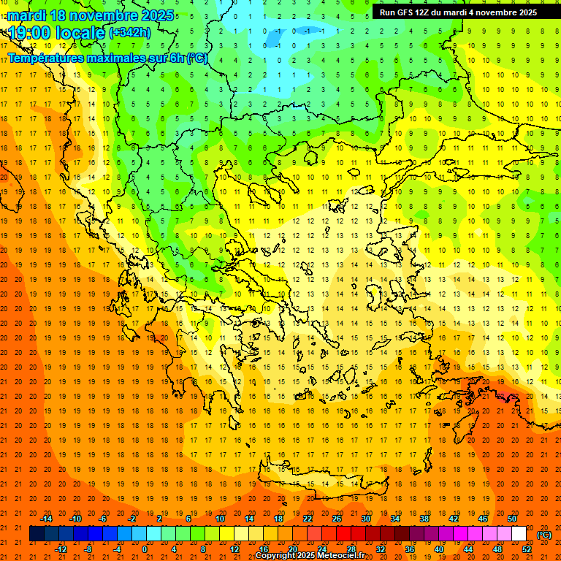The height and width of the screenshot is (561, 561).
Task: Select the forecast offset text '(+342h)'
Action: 131,33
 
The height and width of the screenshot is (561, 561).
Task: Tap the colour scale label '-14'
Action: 46,519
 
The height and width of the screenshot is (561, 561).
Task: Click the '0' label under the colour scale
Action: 145,549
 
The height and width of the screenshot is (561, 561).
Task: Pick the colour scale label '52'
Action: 527,549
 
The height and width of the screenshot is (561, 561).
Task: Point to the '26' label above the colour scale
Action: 337,519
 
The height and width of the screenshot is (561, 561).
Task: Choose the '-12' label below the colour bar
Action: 61,549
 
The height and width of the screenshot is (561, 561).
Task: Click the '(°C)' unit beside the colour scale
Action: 544,535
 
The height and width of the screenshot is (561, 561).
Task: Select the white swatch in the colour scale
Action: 519,534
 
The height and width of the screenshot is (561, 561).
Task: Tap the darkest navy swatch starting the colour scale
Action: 37,534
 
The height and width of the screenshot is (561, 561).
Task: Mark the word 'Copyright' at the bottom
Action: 275,556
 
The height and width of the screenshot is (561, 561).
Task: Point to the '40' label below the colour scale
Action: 439,549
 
